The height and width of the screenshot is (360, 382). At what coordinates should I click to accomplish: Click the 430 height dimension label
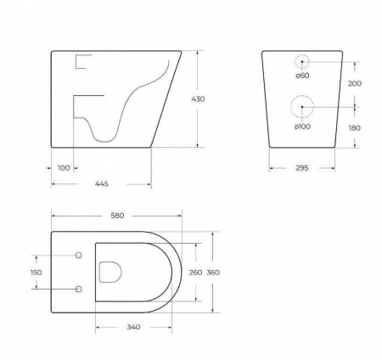point(198,99)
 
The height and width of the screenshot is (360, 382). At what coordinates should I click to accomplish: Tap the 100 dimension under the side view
point(64,167)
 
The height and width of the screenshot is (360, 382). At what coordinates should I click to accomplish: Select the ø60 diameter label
point(301,76)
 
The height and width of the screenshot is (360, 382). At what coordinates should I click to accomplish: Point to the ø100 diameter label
point(302,127)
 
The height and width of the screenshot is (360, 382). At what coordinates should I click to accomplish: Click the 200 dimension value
point(354,83)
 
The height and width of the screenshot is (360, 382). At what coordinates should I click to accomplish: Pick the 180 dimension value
point(354,127)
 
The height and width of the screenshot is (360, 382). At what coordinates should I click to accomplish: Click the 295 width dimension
point(302,167)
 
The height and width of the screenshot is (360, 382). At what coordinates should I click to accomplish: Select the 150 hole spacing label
point(35,272)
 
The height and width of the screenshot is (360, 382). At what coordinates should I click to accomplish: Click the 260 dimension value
point(195,272)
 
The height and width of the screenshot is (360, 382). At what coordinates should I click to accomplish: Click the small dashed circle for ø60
point(302,61)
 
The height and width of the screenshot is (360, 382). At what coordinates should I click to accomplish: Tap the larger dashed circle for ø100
point(301,107)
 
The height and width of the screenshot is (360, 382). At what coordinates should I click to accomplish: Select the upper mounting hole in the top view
point(79,255)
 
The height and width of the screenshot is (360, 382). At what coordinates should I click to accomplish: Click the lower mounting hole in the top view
point(79,289)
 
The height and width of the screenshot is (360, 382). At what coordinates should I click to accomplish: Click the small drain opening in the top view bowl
point(110,272)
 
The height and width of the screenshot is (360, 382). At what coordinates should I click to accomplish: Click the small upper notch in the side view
point(82,60)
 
